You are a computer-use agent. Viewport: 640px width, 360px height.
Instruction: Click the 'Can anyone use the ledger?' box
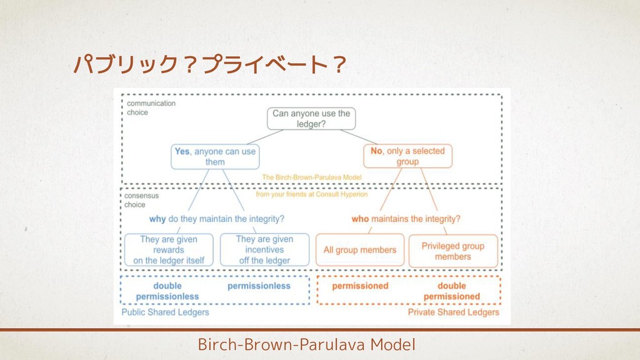[311, 119]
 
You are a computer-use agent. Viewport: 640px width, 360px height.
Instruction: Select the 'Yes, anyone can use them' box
[215, 156]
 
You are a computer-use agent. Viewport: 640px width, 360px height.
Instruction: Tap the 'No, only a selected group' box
[407, 156]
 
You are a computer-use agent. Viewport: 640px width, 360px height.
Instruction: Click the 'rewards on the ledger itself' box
[169, 249]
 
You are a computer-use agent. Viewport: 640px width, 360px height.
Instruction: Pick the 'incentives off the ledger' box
[264, 249]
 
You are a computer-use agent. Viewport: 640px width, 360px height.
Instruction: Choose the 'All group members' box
[360, 250]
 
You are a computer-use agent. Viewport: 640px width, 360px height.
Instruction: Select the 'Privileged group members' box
[453, 251]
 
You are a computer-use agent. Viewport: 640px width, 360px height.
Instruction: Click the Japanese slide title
[209, 64]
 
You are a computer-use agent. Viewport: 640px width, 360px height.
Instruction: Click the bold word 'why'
[157, 219]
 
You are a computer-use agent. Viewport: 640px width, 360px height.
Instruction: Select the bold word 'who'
[360, 219]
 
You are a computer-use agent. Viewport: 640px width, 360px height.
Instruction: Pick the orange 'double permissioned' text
[452, 291]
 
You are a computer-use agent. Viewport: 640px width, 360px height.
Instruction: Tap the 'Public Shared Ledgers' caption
[165, 312]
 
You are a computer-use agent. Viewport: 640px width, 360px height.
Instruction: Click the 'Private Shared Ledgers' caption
[454, 312]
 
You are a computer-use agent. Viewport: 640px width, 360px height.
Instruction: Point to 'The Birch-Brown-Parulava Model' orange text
[312, 177]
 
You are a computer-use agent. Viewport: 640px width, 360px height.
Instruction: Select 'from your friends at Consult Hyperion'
[312, 194]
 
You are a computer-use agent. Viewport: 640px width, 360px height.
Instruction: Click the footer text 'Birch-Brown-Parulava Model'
[306, 344]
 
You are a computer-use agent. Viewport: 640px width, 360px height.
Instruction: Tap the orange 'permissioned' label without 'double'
[360, 286]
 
